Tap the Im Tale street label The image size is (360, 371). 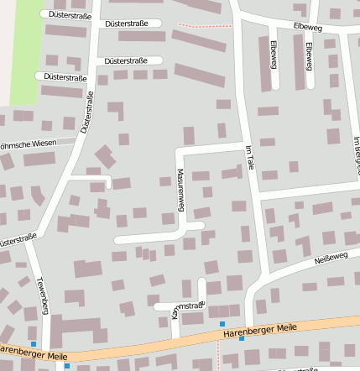(x=249, y=159)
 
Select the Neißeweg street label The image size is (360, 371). (x=330, y=256)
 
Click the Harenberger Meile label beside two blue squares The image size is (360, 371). (x=262, y=329)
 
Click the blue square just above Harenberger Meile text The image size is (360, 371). (x=222, y=324)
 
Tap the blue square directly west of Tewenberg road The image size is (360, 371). (x=34, y=344)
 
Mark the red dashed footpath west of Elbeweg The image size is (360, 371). (x=206, y=26)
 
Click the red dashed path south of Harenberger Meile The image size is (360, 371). (x=217, y=357)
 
